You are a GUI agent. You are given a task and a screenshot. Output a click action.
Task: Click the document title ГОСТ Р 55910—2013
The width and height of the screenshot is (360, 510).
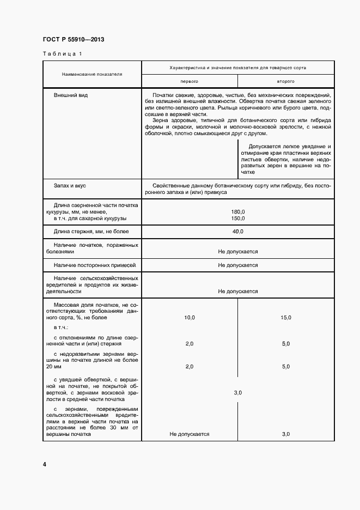coord(73,40)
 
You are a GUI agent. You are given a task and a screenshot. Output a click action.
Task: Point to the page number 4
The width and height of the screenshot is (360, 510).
coord(45,464)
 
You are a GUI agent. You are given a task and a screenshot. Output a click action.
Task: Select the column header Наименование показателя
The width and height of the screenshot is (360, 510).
coord(92,74)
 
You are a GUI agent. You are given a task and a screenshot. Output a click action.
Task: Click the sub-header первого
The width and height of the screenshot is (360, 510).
coord(189,81)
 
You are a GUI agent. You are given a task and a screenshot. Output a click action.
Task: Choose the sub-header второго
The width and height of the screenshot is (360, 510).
coord(286,81)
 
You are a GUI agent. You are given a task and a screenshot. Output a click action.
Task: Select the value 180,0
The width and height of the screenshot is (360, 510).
coord(238,212)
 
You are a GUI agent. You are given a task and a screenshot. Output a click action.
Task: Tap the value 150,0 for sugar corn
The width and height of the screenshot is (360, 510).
coord(238,218)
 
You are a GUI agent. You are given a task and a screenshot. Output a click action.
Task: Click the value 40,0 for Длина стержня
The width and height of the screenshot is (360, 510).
coord(238,232)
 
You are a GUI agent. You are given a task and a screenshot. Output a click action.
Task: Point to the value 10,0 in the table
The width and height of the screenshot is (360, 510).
coord(189,317)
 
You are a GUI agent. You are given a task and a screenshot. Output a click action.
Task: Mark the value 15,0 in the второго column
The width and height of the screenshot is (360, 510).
coord(286,317)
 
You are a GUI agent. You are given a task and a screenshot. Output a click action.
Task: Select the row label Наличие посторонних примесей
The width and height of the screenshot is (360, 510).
coord(94,265)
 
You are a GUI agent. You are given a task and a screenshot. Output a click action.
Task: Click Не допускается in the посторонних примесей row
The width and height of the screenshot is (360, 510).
coord(238,265)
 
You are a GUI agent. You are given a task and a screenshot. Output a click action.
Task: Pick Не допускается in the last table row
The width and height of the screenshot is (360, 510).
coord(189,434)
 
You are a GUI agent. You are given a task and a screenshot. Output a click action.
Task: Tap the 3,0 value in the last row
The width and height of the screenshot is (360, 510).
coord(286,434)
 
